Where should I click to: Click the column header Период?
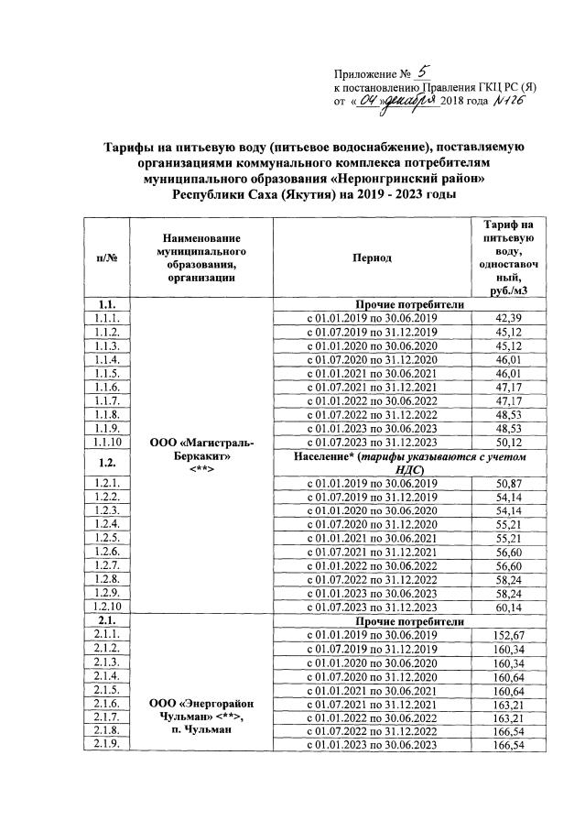pos(372,258)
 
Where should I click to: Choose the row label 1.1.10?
pos(105,443)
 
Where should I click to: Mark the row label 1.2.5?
pos(105,538)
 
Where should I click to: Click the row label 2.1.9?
pos(105,745)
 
